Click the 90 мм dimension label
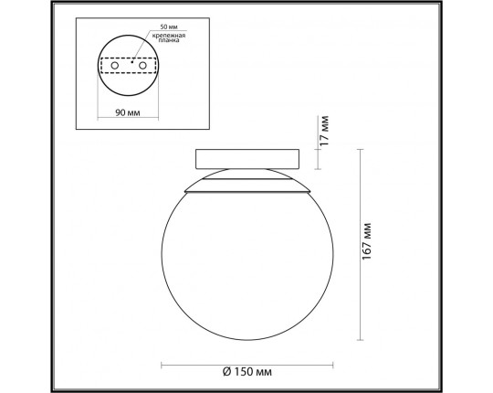coord(128,112)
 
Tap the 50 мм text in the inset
coord(169,27)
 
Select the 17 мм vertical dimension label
coord(324,131)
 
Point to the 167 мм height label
coord(367,241)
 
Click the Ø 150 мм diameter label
coord(247,372)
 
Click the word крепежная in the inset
coord(169,36)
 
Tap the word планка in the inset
coord(169,40)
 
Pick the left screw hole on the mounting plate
coord(115,66)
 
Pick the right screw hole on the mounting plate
coord(142,66)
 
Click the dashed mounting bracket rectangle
coord(129,58)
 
